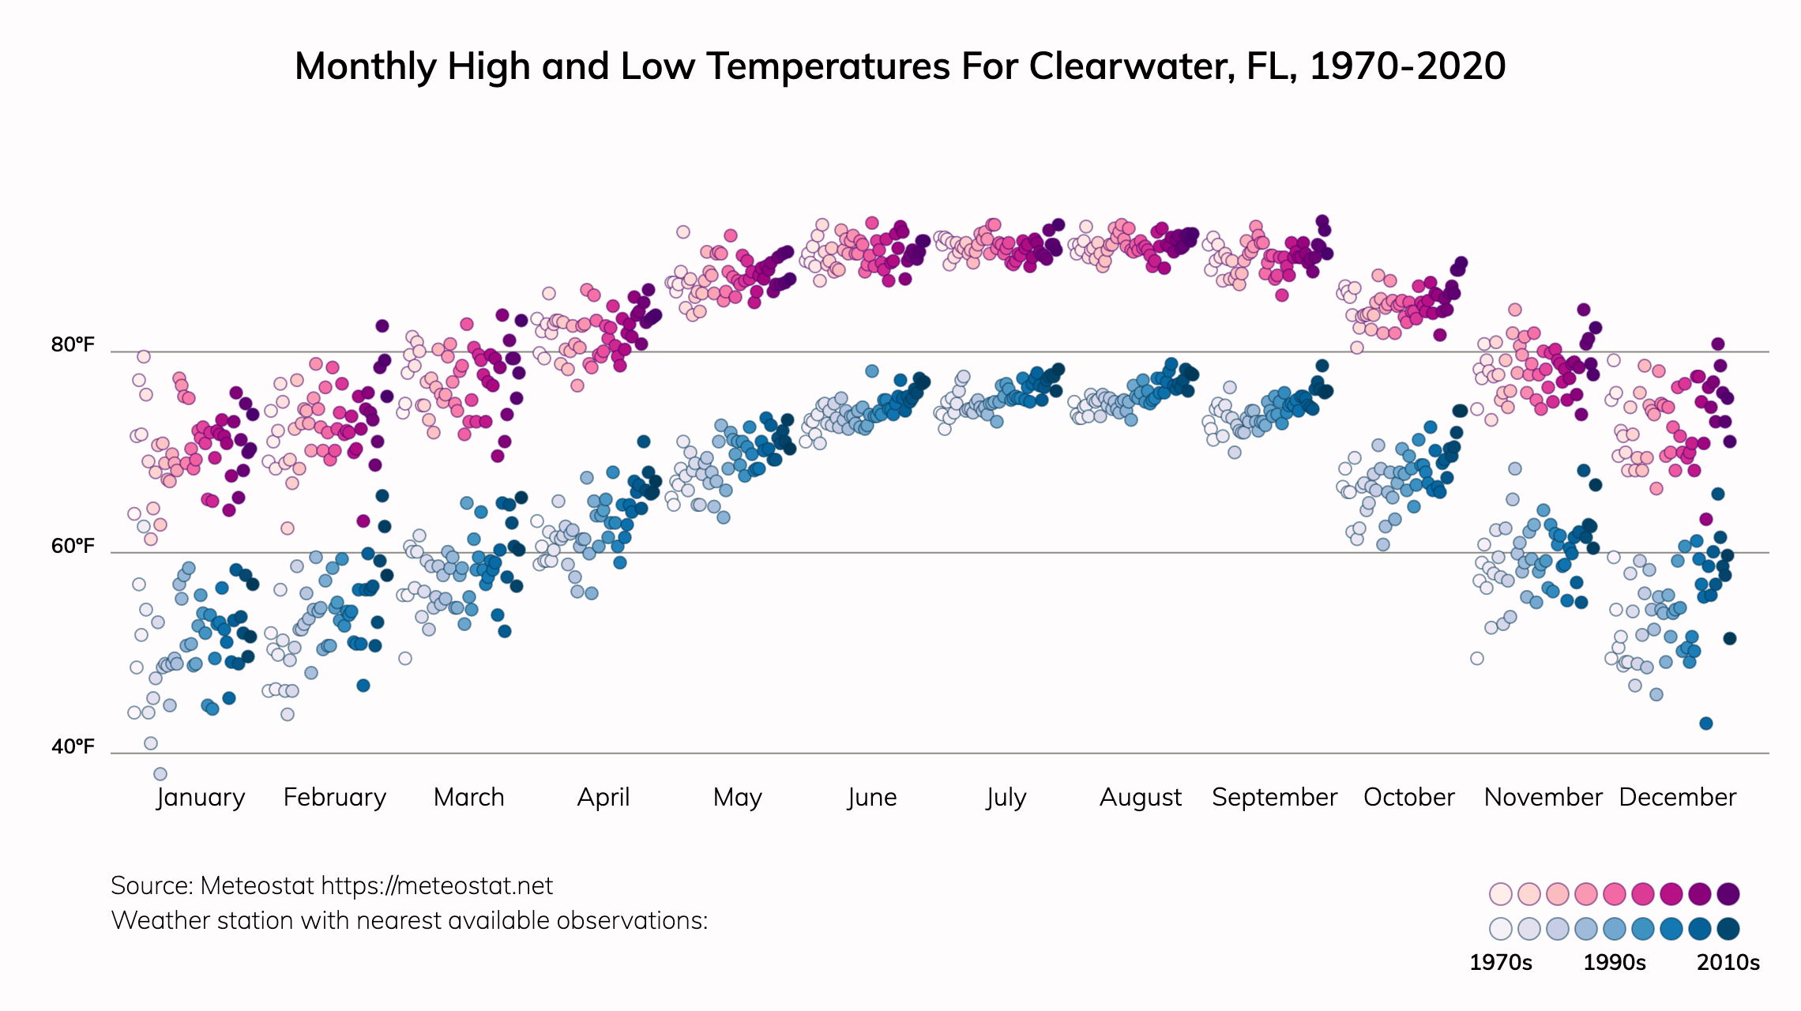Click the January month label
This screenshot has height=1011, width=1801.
[x=201, y=797]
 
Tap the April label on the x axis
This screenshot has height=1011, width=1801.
[x=603, y=797]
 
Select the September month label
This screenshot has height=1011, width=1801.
[x=1274, y=797]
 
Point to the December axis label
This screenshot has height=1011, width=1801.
[x=1677, y=797]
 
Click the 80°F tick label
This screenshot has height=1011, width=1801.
[x=73, y=345]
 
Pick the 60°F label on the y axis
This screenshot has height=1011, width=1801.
[x=73, y=546]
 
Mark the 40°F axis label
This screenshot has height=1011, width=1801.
[x=73, y=746]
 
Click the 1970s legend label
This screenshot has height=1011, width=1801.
[x=1500, y=962]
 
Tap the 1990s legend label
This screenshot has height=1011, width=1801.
[x=1615, y=962]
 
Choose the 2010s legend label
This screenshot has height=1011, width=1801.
[x=1728, y=962]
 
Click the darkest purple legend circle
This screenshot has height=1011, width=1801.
[x=1728, y=894]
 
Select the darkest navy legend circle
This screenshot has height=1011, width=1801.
[x=1728, y=928]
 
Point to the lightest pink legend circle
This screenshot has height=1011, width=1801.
[x=1500, y=894]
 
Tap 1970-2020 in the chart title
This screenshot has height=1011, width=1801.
[x=1407, y=66]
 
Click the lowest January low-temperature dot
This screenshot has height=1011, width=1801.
[x=160, y=774]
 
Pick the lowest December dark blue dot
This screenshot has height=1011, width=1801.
[x=1706, y=723]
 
